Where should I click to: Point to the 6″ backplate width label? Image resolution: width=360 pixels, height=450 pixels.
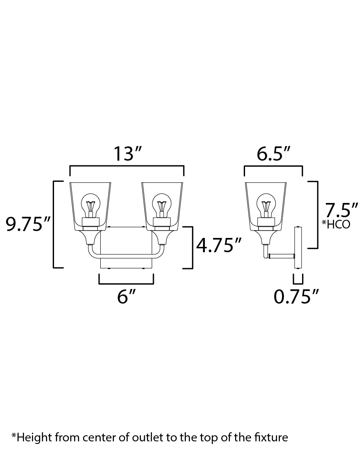tap(126, 296)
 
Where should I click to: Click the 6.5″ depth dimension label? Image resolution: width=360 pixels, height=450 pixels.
tap(273, 154)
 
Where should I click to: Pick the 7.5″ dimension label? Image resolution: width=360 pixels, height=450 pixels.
tap(341, 210)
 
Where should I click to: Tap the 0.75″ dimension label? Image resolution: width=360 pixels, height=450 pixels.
tap(296, 296)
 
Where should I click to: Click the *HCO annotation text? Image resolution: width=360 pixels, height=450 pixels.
tap(336, 224)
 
